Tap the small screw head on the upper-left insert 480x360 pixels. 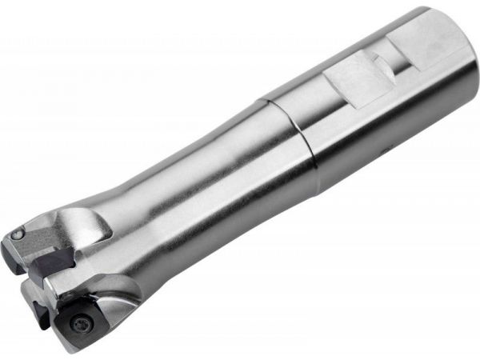[x=18, y=234]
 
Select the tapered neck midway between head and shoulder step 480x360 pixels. [x=200, y=192]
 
